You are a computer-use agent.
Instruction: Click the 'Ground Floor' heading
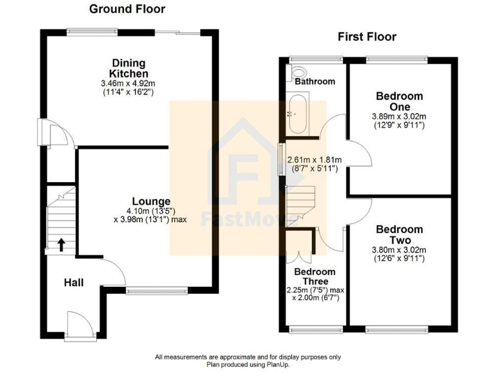127,9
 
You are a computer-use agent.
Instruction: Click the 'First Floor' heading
367,37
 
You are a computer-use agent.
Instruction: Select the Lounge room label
152,201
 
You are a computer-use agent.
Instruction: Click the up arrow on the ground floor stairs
62,244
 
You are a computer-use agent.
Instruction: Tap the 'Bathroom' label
315,81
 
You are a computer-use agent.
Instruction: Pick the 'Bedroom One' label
399,101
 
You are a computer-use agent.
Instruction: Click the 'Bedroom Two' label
399,234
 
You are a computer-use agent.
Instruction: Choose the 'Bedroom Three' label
315,276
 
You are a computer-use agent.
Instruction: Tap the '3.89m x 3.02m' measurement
398,116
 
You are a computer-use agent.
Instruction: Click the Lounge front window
157,291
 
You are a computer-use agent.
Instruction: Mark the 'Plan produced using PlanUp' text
247,364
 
